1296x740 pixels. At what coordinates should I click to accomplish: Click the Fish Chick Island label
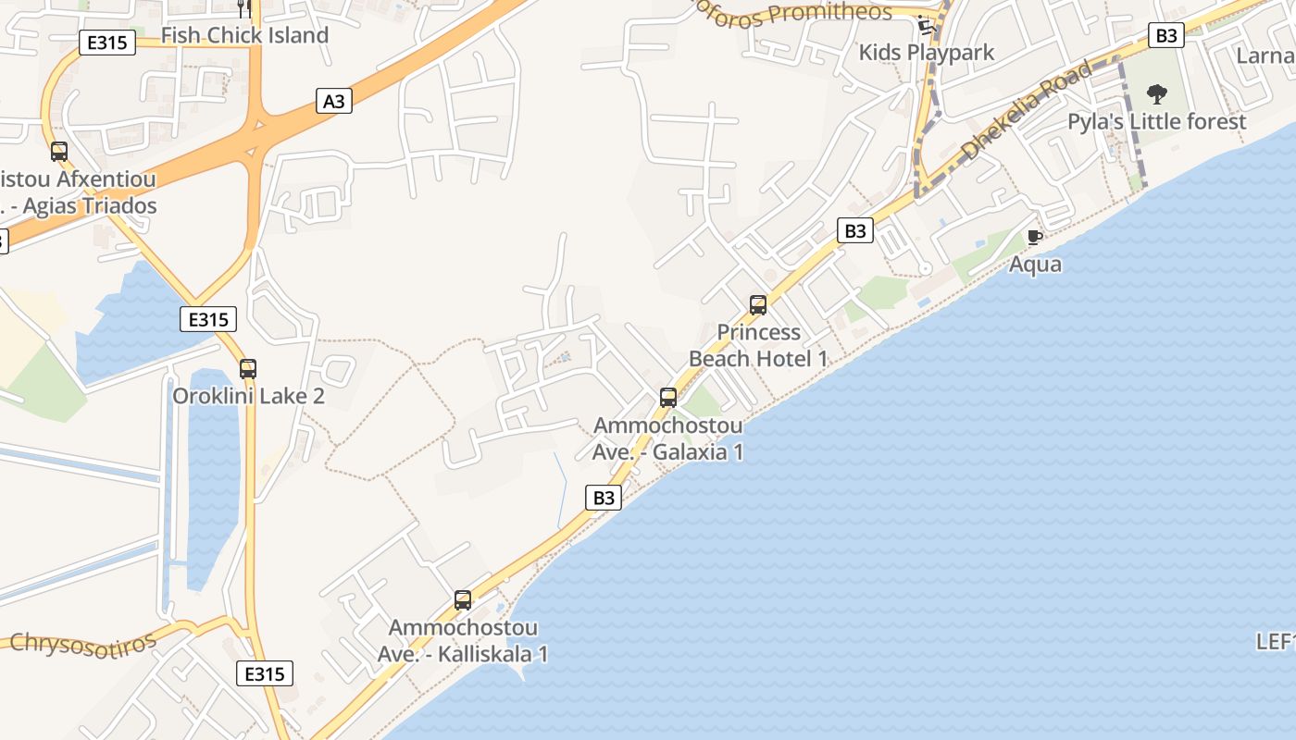tap(244, 35)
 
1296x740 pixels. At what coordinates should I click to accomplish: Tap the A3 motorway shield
tap(334, 101)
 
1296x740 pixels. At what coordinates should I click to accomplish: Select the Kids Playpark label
tap(926, 52)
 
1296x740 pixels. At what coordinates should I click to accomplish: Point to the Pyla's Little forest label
tap(1156, 121)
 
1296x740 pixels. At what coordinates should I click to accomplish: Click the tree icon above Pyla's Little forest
tap(1156, 93)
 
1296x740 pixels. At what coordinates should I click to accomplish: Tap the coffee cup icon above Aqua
tap(1035, 238)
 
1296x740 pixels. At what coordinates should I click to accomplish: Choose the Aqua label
tap(1035, 265)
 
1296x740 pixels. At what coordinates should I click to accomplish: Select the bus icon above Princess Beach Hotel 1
tap(758, 305)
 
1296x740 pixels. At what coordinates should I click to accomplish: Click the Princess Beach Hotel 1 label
tap(758, 345)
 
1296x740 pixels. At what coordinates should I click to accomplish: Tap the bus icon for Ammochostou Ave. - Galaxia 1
tap(668, 399)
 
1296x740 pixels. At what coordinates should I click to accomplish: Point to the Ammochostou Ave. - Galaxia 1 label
tap(667, 438)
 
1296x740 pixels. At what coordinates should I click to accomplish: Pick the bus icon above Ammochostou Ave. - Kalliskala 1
tap(463, 600)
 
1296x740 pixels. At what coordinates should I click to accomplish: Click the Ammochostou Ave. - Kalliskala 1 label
tap(463, 640)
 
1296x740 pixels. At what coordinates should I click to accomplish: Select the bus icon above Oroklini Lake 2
tap(247, 369)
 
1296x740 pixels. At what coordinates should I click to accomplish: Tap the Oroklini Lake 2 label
tap(248, 396)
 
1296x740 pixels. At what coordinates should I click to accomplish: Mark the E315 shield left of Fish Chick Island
tap(108, 43)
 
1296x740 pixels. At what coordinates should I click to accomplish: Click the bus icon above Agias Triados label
tap(59, 152)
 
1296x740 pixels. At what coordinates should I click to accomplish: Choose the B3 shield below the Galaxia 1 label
tap(604, 498)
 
